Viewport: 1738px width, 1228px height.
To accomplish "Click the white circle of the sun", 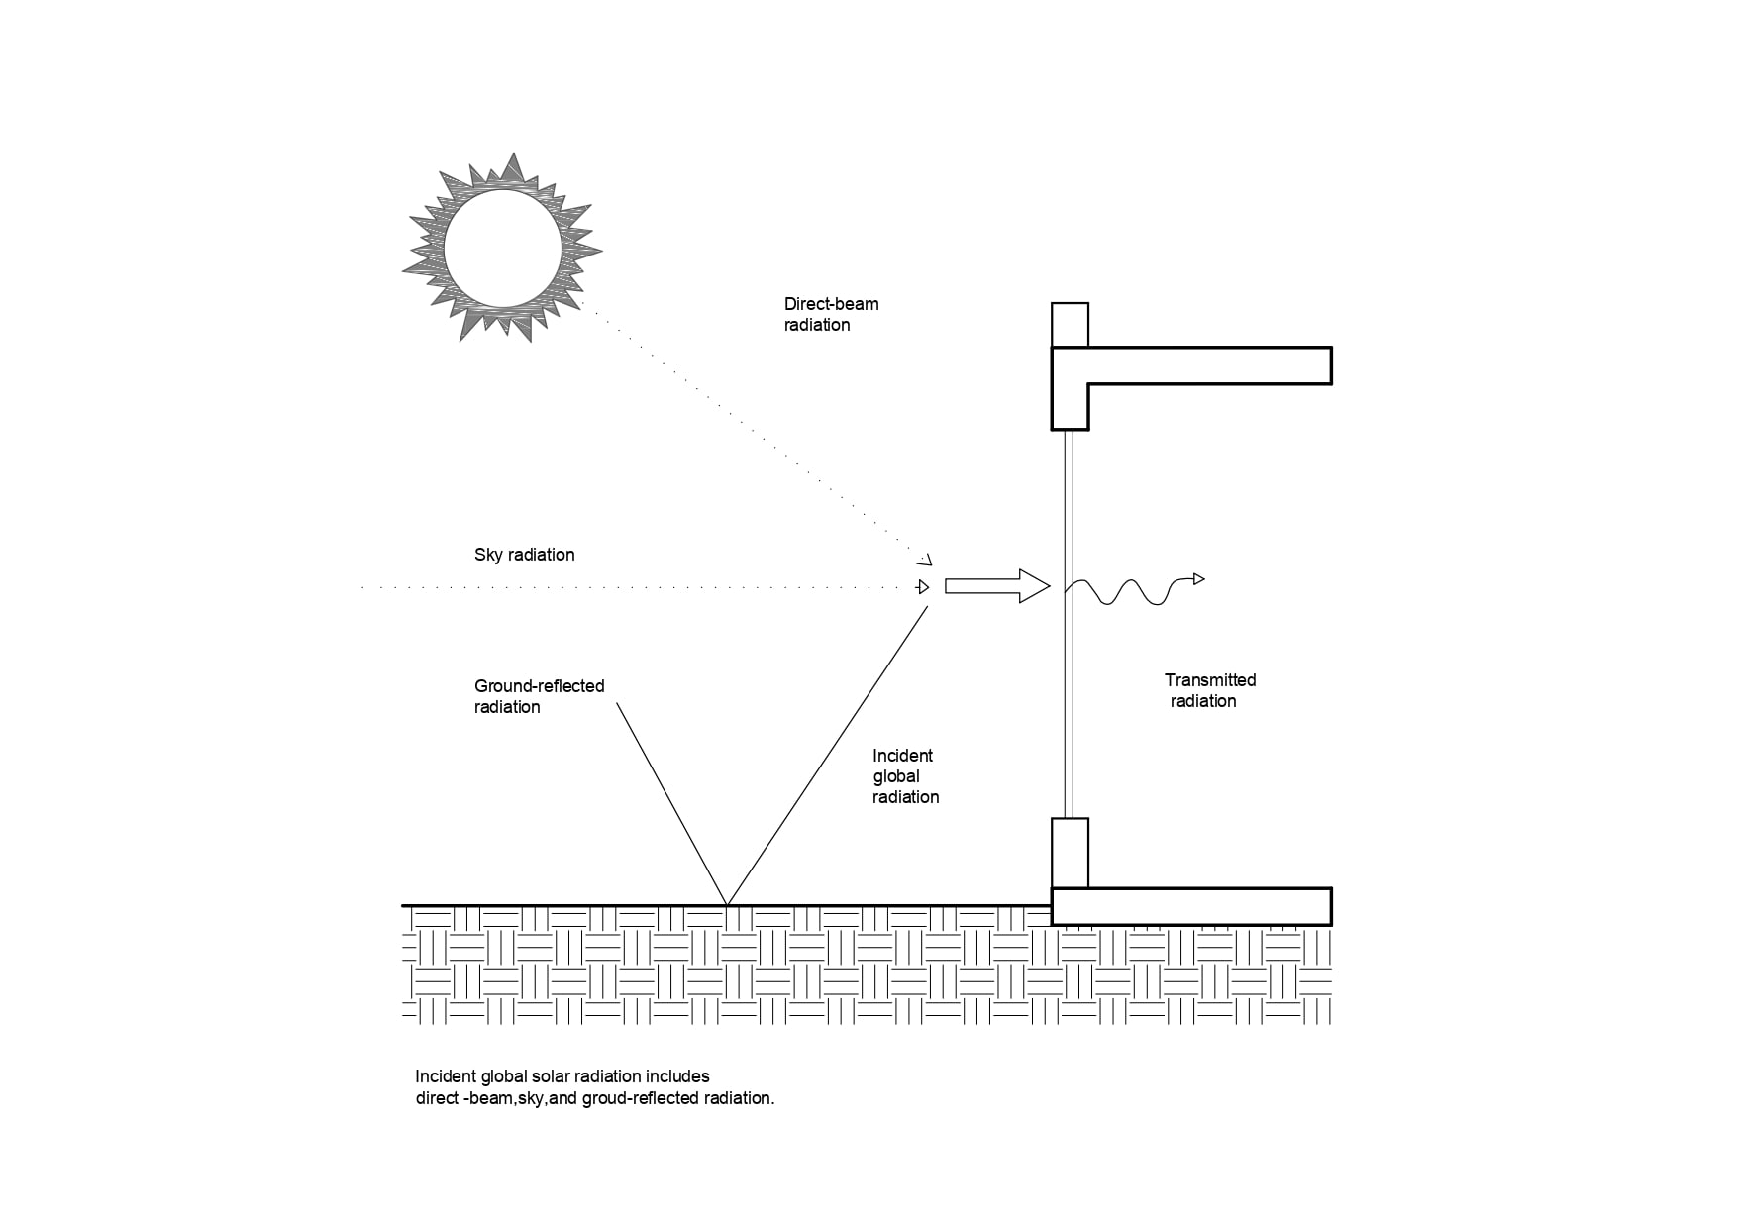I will pyautogui.click(x=502, y=250).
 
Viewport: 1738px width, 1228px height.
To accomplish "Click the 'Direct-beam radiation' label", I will pyautogui.click(x=831, y=314).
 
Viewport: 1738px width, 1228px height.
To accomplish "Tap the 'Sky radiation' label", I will pyautogui.click(x=524, y=555).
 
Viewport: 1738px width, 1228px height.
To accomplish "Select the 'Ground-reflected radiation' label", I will pyautogui.click(x=539, y=696).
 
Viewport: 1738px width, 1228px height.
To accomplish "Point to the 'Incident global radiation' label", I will pyautogui.click(x=905, y=776).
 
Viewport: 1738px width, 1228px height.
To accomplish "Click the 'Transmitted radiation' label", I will pyautogui.click(x=1209, y=690).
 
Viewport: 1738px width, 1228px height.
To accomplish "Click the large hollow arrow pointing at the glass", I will pyautogui.click(x=996, y=586).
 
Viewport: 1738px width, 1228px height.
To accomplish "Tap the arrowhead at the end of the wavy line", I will pyautogui.click(x=1199, y=578).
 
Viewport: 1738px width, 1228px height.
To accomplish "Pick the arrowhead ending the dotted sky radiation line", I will pyautogui.click(x=924, y=587).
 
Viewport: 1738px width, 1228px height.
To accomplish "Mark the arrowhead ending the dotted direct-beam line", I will pyautogui.click(x=926, y=559).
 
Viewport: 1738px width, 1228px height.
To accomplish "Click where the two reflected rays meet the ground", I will pyautogui.click(x=728, y=904).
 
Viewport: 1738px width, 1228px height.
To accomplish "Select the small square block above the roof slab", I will pyautogui.click(x=1070, y=325).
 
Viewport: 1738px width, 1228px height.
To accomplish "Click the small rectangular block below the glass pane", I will pyautogui.click(x=1070, y=853).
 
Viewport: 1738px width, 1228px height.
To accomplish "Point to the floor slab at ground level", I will pyautogui.click(x=1191, y=906).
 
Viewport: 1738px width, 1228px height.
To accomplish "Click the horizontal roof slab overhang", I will pyautogui.click(x=1208, y=365).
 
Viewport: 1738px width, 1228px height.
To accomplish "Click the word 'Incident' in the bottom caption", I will pyautogui.click(x=446, y=1076).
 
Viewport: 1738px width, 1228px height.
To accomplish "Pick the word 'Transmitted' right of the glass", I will pyautogui.click(x=1209, y=680).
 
